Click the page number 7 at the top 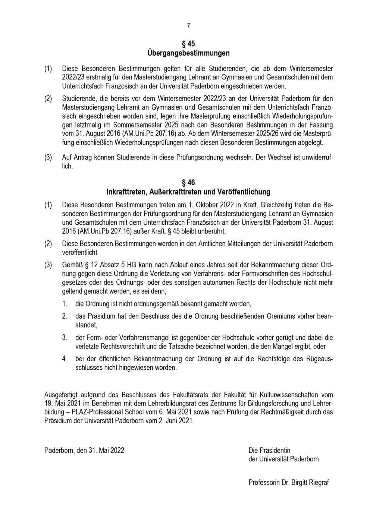coord(188,26)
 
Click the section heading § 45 coord(188,44)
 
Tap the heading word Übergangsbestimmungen coord(188,53)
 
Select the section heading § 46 coord(188,183)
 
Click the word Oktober coord(205,205)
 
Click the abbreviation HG coord(132,265)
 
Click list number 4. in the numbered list coord(65,359)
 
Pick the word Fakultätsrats coord(191,395)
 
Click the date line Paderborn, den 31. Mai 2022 coord(84,450)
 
